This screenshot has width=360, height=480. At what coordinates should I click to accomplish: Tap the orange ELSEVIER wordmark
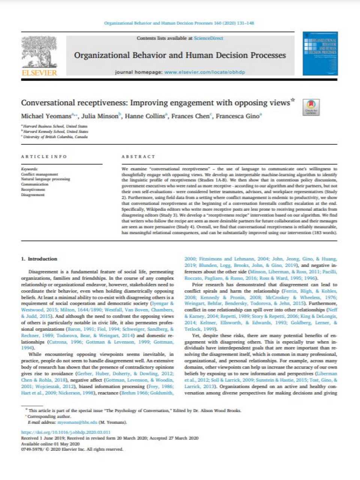(x=39, y=72)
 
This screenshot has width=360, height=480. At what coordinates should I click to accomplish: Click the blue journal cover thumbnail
(x=320, y=53)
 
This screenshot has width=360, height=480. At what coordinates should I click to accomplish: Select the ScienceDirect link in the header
(x=208, y=38)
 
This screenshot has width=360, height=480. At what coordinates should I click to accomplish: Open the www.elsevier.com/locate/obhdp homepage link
(x=204, y=72)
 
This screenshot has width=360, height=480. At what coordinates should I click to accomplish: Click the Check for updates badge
(x=311, y=107)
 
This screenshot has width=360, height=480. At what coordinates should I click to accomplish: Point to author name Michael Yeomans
(x=46, y=116)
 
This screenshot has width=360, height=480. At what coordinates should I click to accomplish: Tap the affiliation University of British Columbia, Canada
(x=55, y=137)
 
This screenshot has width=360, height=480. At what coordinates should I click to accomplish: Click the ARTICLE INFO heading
(x=44, y=157)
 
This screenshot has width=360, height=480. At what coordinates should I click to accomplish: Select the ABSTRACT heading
(x=138, y=157)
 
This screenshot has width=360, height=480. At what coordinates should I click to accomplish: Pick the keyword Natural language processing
(x=45, y=179)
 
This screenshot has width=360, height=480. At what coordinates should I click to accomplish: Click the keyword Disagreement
(x=33, y=195)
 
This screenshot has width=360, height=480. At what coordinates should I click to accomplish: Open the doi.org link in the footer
(x=66, y=432)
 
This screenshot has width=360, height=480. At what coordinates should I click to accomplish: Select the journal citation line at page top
(x=179, y=23)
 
